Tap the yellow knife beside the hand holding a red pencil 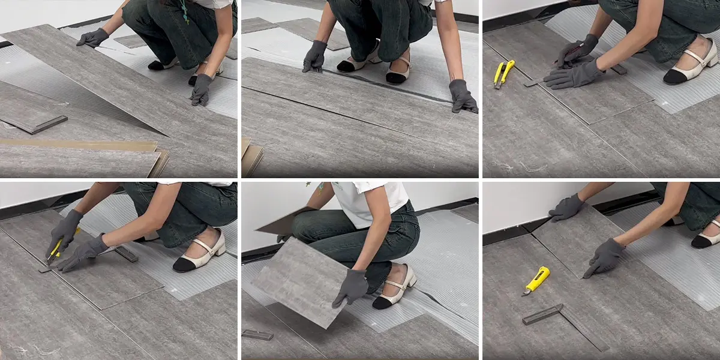(x=503, y=73)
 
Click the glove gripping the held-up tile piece (x=351, y=287)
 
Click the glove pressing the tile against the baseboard (x=567, y=208)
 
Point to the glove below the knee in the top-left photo (x=201, y=89)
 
